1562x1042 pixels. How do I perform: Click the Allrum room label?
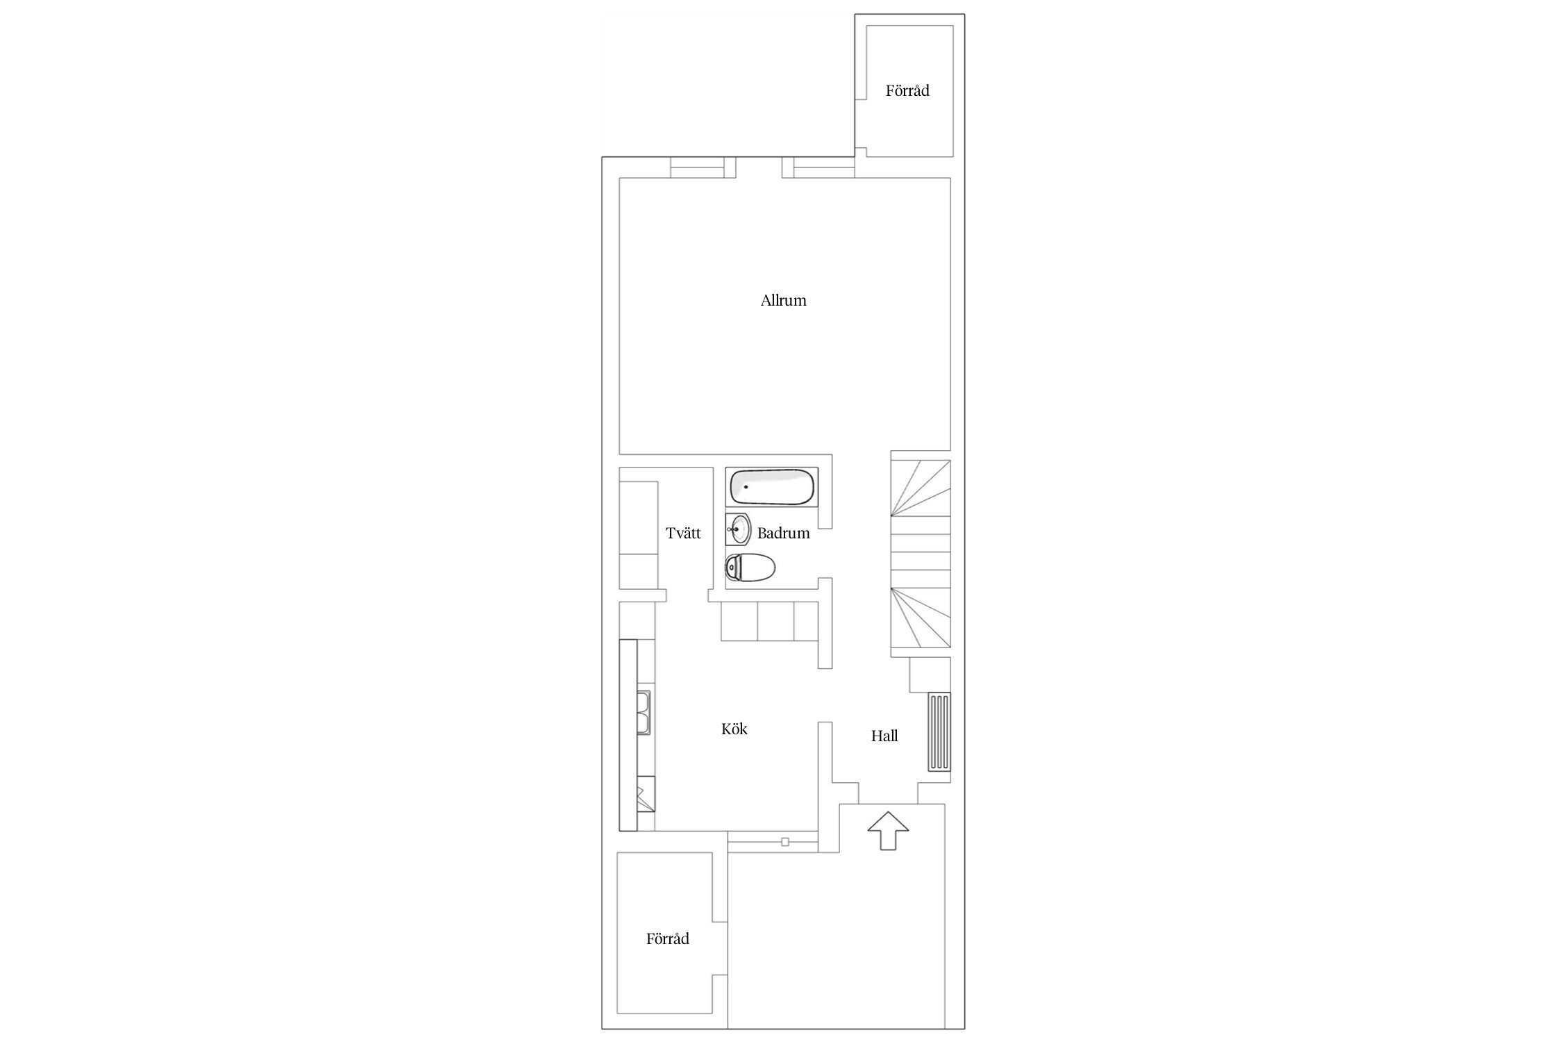coord(783,301)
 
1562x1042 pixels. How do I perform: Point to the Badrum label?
coord(784,534)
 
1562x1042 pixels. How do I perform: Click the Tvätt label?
coord(683,534)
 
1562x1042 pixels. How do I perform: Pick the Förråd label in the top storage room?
coord(907,91)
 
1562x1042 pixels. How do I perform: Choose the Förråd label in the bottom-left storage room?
coord(668,939)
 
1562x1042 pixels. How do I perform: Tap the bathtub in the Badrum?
coord(772,487)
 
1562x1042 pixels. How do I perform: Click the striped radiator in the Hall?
coord(939,731)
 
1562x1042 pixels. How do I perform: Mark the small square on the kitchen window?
coord(785,842)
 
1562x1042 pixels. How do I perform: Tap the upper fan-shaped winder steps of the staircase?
coord(921,490)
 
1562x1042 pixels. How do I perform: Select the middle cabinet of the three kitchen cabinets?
coord(775,622)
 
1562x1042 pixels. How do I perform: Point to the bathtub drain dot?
coord(746,487)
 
